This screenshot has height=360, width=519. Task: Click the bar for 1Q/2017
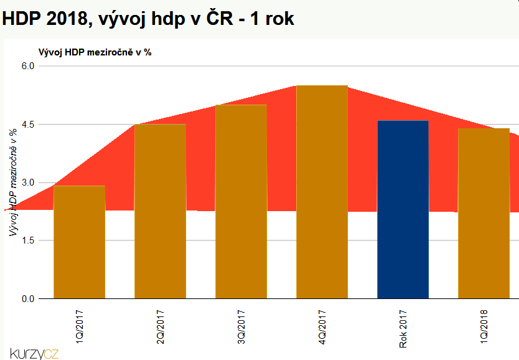pos(79,242)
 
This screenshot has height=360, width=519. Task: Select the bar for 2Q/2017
pos(160,212)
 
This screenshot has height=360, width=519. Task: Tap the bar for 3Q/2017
pos(241,202)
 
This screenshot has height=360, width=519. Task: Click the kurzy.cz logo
pos(34,353)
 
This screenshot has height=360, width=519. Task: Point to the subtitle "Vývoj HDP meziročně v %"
pos(95,52)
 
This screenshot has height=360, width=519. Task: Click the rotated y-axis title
pos(12,182)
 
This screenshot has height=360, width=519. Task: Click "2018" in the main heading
pos(63,19)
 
